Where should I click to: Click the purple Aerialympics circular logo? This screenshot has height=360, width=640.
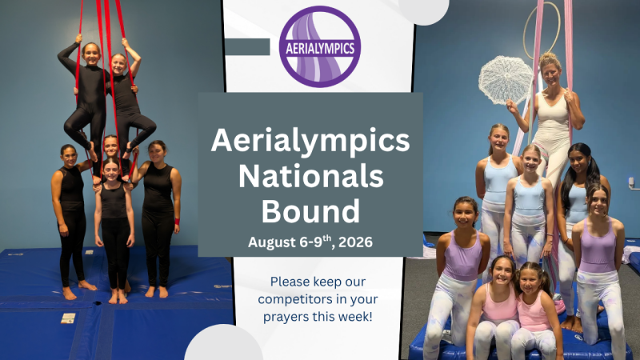coord(319,46)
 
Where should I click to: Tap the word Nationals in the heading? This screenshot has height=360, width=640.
coord(310,176)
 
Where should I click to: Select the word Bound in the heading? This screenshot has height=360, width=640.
coord(310,211)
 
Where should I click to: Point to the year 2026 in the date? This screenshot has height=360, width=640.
coord(355,242)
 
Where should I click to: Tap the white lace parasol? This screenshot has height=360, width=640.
coord(506,80)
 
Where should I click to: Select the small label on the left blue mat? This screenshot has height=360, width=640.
coord(68,318)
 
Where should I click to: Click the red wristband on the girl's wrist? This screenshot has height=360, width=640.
coord(177,222)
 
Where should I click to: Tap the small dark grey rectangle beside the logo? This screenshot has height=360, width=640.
coord(247,46)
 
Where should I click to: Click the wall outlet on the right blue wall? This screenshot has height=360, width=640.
coord(631,183)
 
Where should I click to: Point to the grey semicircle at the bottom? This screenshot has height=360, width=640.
coord(224,345)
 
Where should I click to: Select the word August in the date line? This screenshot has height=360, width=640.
coord(272,242)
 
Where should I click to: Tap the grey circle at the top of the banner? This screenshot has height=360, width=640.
coord(423,10)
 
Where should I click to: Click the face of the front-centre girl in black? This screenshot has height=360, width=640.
coord(111,171)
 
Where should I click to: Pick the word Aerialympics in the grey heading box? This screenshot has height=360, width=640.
coord(310,142)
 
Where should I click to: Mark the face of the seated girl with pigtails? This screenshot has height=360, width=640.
coord(530,280)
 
